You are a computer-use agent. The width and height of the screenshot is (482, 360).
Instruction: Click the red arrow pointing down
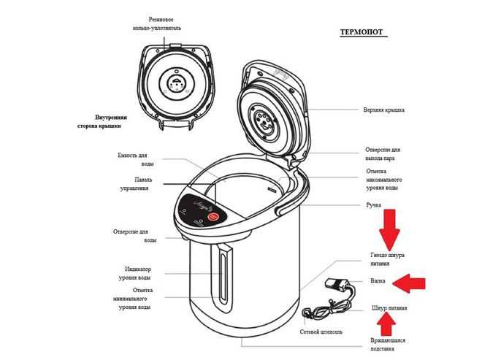pos(391,228)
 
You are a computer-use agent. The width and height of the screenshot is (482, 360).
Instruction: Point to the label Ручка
pos(374,206)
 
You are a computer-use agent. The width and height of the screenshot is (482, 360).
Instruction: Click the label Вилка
pos(378,280)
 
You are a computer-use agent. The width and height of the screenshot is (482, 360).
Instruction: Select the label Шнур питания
pos(389,308)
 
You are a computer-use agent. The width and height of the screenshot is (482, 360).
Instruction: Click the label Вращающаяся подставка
pos(389,345)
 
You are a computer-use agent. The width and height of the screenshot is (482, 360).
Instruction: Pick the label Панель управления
pos(133,183)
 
